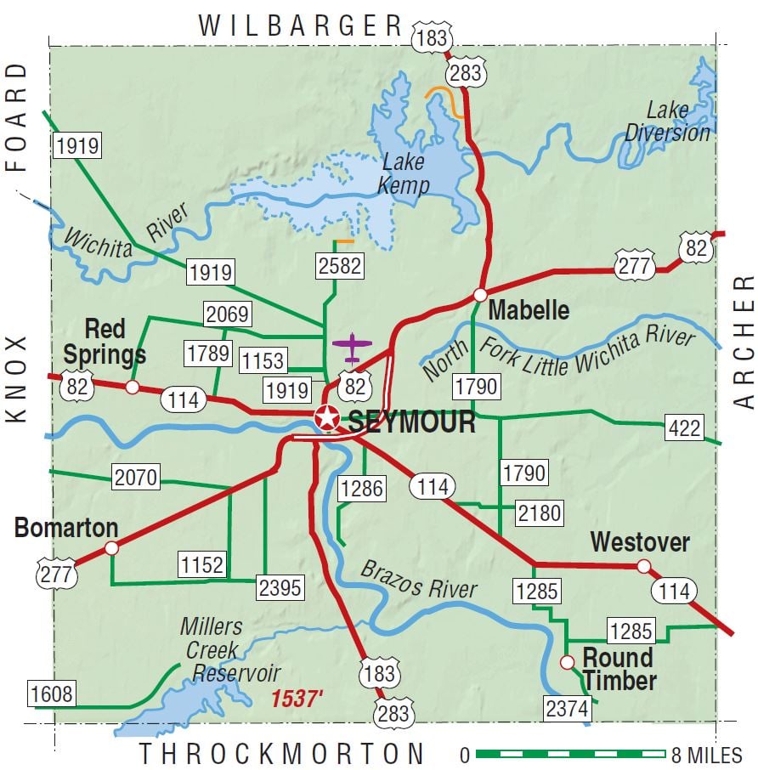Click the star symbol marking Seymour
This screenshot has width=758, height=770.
pos(325,418)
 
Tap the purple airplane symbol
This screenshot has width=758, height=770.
pos(353,346)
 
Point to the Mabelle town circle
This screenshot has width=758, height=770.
pos(480,295)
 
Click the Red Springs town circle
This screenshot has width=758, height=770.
pos(133,388)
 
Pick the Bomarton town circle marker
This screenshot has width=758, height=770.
pos(111,548)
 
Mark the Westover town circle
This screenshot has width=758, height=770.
pos(644,566)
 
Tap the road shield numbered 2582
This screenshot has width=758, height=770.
pos(339,265)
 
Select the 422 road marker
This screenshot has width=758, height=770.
pos(684,427)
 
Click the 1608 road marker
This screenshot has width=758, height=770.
pos(52,694)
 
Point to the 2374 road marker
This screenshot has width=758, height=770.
pos(567,708)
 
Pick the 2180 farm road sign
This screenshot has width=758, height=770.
pos(539,512)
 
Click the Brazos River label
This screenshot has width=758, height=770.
pos(419,580)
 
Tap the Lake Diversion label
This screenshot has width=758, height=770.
pos(667,122)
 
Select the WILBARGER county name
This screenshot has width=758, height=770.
pos(300,25)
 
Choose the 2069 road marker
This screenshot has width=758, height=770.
pos(227,314)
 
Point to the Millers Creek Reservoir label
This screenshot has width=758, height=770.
pos(223,650)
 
